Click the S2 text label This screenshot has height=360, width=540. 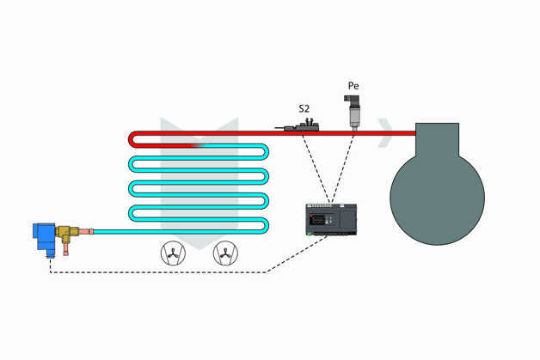304,108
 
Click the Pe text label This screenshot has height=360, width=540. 353,86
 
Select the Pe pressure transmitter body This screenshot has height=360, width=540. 353,111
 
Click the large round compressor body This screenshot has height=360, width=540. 437,198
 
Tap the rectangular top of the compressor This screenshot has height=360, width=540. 437,139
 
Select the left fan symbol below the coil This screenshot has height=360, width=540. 173,253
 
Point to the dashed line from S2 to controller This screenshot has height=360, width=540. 315,168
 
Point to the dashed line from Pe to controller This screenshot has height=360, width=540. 342,168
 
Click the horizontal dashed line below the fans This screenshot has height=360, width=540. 155,272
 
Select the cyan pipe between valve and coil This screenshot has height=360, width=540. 112,231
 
